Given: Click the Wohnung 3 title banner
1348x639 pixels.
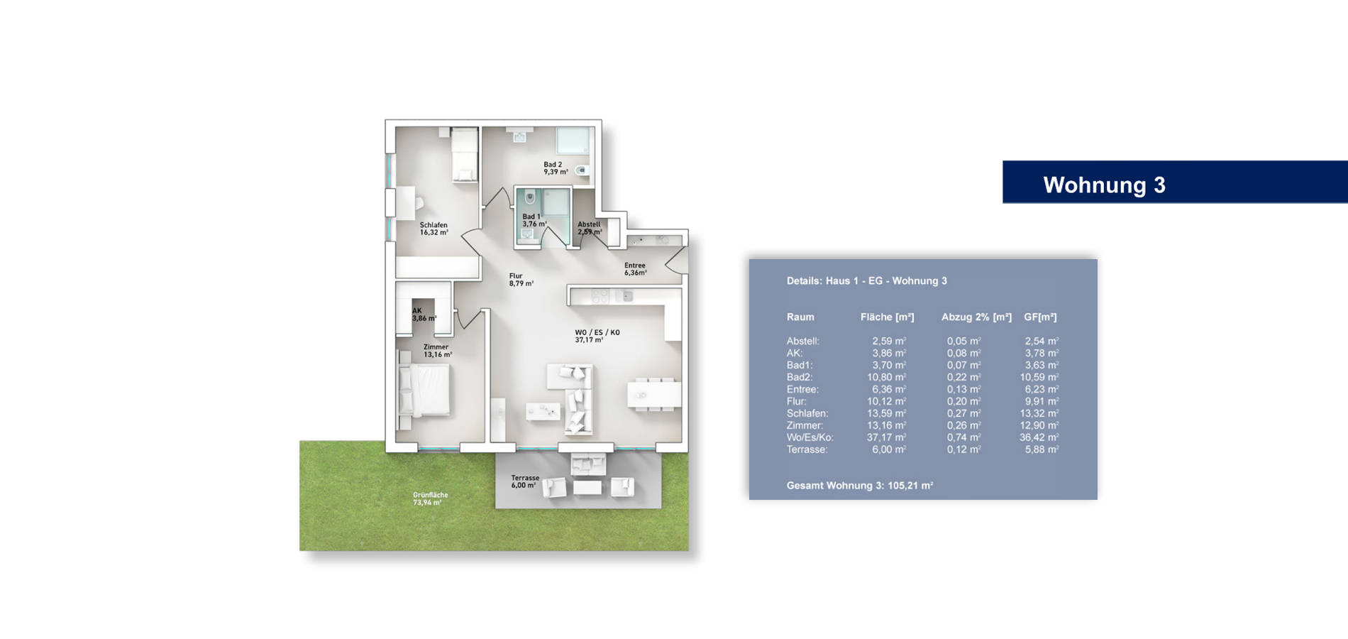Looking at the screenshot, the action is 1175,182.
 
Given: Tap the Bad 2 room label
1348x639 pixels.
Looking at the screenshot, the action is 556,168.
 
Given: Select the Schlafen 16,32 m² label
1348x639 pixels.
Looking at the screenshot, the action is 433,229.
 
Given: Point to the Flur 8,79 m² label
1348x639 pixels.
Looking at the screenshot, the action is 521,280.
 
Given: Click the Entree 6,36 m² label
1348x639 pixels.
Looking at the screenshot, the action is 635,269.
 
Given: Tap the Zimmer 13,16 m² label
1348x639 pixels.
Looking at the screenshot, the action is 437,351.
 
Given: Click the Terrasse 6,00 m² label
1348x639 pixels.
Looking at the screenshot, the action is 525,482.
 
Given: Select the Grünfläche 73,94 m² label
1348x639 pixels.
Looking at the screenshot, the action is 430,498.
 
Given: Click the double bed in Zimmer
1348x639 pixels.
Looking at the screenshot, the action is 424,390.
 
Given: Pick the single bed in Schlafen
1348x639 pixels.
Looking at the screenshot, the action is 465,155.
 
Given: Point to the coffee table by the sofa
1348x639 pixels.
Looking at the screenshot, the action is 543,410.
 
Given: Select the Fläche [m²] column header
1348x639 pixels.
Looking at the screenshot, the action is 887,317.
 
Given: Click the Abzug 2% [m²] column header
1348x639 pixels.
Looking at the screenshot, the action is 976,317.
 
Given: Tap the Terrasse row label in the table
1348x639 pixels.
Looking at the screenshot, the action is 807,449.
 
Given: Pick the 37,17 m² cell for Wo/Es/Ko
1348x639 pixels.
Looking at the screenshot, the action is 886,437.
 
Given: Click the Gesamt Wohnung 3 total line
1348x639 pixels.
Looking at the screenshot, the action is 859,486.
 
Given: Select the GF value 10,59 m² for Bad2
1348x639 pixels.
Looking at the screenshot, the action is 1039,377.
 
